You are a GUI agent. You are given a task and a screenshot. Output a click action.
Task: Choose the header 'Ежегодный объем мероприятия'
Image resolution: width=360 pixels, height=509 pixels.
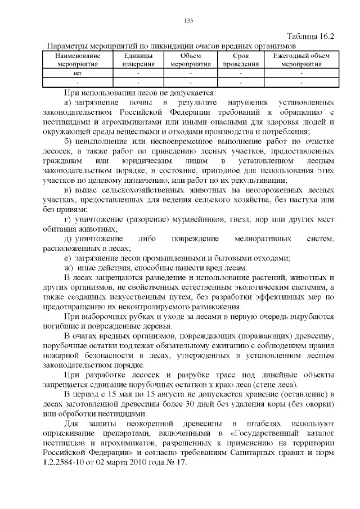[301, 60]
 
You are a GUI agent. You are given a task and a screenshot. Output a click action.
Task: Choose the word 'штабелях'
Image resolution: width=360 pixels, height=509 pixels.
[250, 424]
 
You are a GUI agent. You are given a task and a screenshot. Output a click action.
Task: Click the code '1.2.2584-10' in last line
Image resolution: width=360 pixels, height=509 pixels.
[66, 462]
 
